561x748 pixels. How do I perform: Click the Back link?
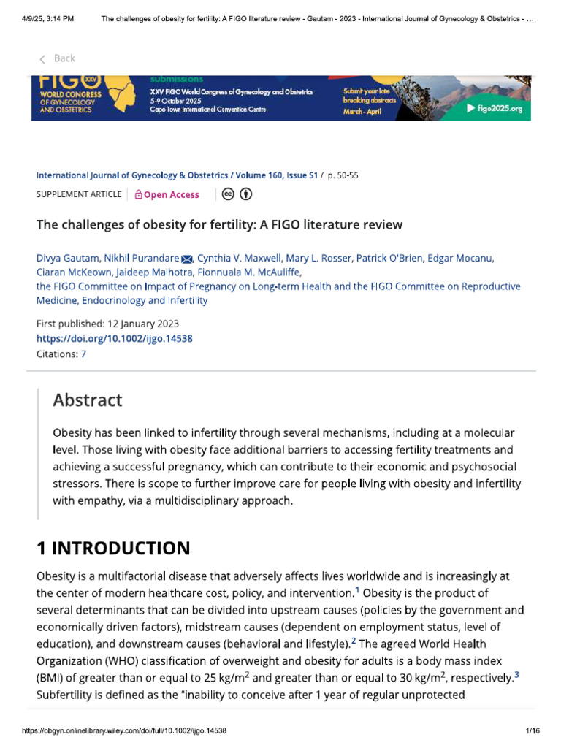[58, 58]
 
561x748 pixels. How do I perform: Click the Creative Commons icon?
[229, 194]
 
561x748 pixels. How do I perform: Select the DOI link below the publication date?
[115, 339]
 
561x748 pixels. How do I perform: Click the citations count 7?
[83, 354]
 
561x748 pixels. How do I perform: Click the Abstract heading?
[88, 400]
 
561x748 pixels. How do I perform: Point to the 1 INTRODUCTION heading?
[113, 548]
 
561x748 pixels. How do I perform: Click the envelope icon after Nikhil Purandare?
[186, 259]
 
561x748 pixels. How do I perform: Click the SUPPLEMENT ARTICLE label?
[79, 194]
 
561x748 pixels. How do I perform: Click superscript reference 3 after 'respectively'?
[516, 675]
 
